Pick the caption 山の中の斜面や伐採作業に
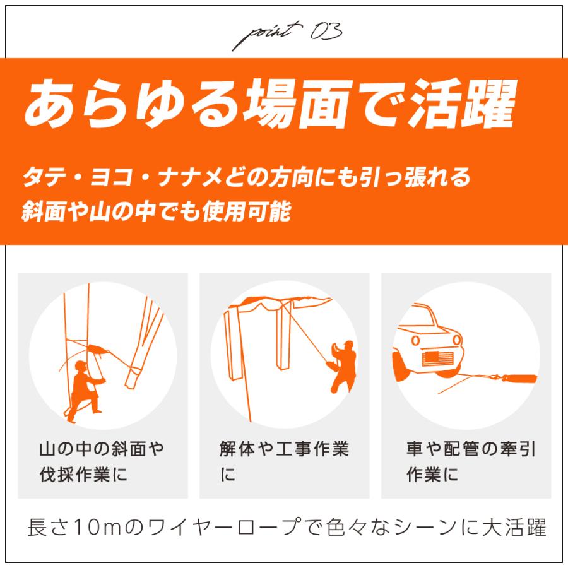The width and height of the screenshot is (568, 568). tap(101, 461)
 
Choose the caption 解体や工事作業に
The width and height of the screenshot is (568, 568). tap(280, 461)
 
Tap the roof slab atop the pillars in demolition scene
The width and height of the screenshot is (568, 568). tap(278, 305)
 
